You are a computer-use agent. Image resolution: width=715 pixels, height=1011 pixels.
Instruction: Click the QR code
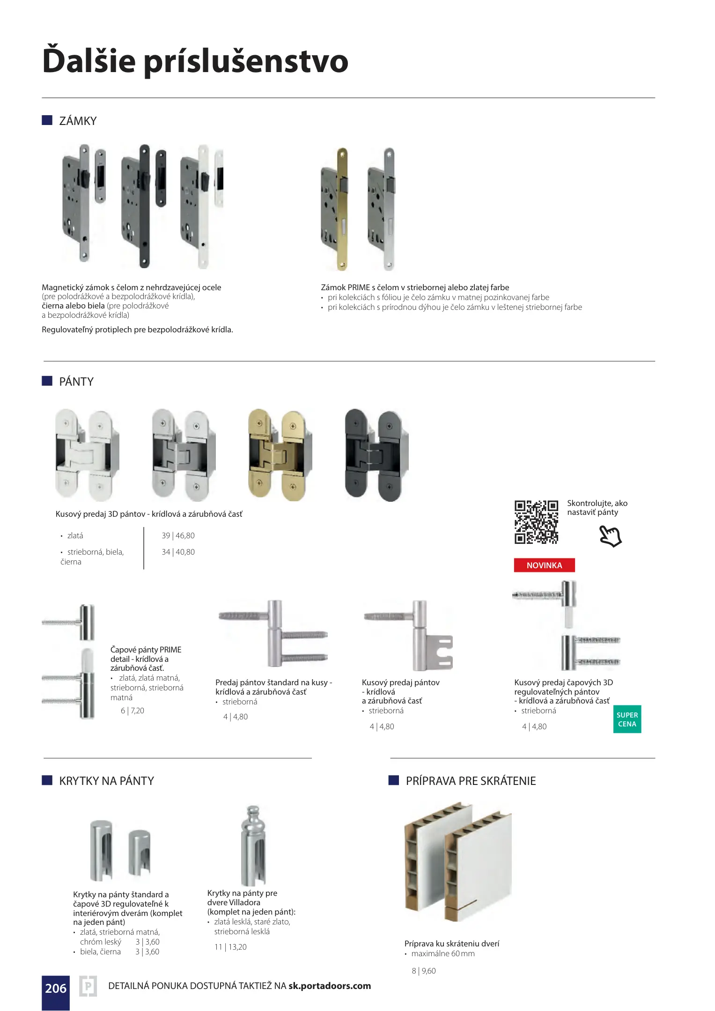536,522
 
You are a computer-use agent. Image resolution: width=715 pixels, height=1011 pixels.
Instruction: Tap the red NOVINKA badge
544,565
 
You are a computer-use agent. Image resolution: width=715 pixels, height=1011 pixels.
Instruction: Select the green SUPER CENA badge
627,719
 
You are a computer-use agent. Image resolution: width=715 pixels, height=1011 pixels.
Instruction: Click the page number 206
56,988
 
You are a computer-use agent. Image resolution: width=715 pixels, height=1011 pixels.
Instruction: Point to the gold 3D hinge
280,455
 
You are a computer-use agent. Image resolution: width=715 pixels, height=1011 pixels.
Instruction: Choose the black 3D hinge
376,455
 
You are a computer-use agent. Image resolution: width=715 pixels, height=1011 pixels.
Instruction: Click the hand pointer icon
610,536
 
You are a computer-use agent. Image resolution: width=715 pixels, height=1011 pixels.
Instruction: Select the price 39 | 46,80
178,535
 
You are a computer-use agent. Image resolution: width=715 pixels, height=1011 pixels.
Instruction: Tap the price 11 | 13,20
230,947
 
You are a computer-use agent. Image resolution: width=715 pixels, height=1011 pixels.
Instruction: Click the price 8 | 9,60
424,971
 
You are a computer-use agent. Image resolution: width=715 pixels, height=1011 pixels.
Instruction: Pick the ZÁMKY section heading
78,121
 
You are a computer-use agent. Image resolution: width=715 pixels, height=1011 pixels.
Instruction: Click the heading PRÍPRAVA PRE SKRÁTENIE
471,781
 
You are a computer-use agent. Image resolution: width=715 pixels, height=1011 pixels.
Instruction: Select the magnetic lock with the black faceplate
143,206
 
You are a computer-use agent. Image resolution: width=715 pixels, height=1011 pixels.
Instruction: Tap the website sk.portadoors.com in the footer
330,986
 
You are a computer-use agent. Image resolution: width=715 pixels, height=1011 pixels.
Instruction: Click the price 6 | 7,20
133,711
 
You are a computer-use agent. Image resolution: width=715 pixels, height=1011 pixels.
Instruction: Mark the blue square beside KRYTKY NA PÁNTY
47,780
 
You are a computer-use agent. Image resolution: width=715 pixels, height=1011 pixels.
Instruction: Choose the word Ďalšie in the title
89,61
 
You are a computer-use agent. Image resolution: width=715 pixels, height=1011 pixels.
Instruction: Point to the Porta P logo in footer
88,987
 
